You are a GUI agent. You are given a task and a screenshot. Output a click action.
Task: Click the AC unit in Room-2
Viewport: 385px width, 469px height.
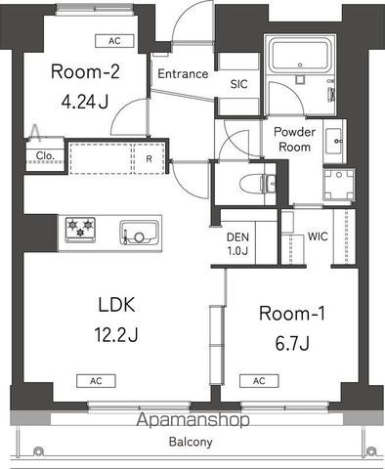tap(114, 41)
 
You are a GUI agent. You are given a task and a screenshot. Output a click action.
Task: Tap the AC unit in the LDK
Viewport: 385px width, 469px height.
tap(96, 381)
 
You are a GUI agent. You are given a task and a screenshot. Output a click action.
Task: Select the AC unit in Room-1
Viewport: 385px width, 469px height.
tap(259, 381)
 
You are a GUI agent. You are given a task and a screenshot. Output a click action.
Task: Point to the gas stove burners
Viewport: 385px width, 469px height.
tap(80, 230)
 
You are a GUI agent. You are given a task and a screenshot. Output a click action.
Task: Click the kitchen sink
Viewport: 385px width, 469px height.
tap(140, 233)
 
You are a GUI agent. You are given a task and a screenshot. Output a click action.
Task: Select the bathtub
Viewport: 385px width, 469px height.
tap(300, 55)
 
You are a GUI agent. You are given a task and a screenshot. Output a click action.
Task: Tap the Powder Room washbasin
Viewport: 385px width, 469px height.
tap(334, 142)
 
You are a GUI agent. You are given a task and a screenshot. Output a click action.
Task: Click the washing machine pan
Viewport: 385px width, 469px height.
tap(339, 185)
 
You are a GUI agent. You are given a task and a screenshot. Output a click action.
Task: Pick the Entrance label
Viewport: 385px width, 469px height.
tap(183, 74)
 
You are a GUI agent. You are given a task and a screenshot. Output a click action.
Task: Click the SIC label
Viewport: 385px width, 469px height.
tap(238, 84)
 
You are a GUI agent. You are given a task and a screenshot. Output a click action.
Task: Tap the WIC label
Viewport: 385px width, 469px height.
tap(318, 236)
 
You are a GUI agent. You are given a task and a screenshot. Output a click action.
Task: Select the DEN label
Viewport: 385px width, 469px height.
tap(237, 237)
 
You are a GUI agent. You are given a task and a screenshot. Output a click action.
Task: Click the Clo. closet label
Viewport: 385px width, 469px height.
tap(45, 155)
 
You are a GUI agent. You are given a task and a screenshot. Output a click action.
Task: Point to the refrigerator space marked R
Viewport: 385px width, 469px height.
tap(149, 158)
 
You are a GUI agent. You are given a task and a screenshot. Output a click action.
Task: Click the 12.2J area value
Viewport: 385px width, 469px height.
tap(116, 334)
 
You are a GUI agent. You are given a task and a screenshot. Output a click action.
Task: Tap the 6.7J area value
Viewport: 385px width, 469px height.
tap(292, 343)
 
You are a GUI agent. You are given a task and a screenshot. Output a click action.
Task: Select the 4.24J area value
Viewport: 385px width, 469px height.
tap(85, 102)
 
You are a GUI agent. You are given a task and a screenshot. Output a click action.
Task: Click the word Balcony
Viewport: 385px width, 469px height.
tap(191, 442)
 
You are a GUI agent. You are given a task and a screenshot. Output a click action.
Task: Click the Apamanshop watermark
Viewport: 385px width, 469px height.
tap(192, 420)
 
